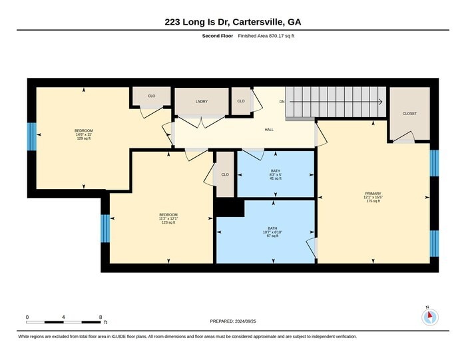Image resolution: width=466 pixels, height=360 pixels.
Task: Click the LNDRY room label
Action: coord(202,102)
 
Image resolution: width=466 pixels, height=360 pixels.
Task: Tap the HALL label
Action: coord(269,130)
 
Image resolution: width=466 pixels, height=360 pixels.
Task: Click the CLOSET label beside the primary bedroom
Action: coord(409,114)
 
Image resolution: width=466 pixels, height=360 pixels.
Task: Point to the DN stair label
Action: coord(282,102)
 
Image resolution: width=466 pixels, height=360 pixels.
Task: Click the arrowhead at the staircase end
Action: coord(380,102)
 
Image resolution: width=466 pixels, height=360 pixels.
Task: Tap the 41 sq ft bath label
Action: coord(276,174)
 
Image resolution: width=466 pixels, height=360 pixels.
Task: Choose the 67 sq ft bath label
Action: coord(272,232)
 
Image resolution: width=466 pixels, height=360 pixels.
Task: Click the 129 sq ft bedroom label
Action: coord(83,134)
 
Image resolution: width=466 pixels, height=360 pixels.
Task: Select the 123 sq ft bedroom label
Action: coord(168,219)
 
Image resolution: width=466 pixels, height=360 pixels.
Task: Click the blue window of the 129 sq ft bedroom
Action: coord(32,136)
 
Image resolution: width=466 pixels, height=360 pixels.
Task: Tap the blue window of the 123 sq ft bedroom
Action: coord(105,228)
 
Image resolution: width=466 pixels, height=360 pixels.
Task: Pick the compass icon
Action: coord(430,317)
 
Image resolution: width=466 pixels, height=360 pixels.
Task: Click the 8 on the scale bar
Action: coord(101,317)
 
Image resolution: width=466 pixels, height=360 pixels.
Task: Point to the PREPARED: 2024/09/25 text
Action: coord(233,321)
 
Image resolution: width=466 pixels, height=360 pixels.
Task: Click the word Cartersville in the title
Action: coord(258,22)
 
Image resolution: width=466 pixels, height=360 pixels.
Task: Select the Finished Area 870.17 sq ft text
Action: coord(266,36)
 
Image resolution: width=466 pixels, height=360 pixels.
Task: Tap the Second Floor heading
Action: coord(218,36)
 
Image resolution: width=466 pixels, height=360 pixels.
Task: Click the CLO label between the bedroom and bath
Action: coord(225,174)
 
